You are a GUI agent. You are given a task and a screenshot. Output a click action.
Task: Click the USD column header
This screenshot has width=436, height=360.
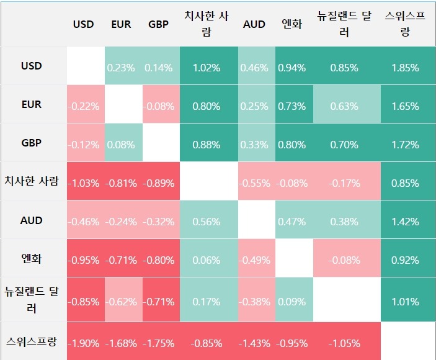[x=84, y=24]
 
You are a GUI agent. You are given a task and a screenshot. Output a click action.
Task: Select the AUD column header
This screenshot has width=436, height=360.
[x=254, y=24]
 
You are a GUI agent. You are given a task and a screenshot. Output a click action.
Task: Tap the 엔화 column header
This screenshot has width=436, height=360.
[x=291, y=24]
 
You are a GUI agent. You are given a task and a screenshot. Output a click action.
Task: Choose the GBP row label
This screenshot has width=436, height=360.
[x=31, y=143]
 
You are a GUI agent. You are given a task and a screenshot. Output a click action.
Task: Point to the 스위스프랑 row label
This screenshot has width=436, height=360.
[x=31, y=341]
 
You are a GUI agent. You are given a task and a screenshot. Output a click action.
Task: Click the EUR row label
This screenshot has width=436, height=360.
[x=31, y=104]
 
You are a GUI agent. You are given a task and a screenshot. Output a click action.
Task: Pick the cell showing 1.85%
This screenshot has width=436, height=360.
[x=405, y=68]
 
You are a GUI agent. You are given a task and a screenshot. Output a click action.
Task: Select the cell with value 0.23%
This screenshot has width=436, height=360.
[x=121, y=68]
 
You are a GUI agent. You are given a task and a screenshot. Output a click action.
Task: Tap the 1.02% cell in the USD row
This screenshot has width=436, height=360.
[x=207, y=68]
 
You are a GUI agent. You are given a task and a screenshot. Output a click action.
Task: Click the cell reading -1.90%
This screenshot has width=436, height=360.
[x=84, y=343]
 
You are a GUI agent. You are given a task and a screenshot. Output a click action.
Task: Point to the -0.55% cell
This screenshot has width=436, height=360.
[x=254, y=183]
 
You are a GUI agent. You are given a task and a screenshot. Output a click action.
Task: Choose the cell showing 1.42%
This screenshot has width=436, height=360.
[x=405, y=222]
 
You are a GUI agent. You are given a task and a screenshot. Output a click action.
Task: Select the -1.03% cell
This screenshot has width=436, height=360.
[x=84, y=183]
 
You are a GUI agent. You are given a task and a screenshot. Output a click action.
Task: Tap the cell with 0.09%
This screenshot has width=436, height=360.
[x=291, y=302]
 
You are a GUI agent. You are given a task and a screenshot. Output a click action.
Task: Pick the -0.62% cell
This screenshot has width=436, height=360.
[x=121, y=302]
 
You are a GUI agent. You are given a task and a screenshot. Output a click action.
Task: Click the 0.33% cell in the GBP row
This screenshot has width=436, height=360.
[x=254, y=145]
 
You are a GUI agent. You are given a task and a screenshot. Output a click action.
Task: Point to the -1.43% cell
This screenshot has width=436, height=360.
[x=254, y=343]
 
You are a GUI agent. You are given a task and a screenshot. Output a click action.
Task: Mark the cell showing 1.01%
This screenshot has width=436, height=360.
[x=405, y=302]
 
